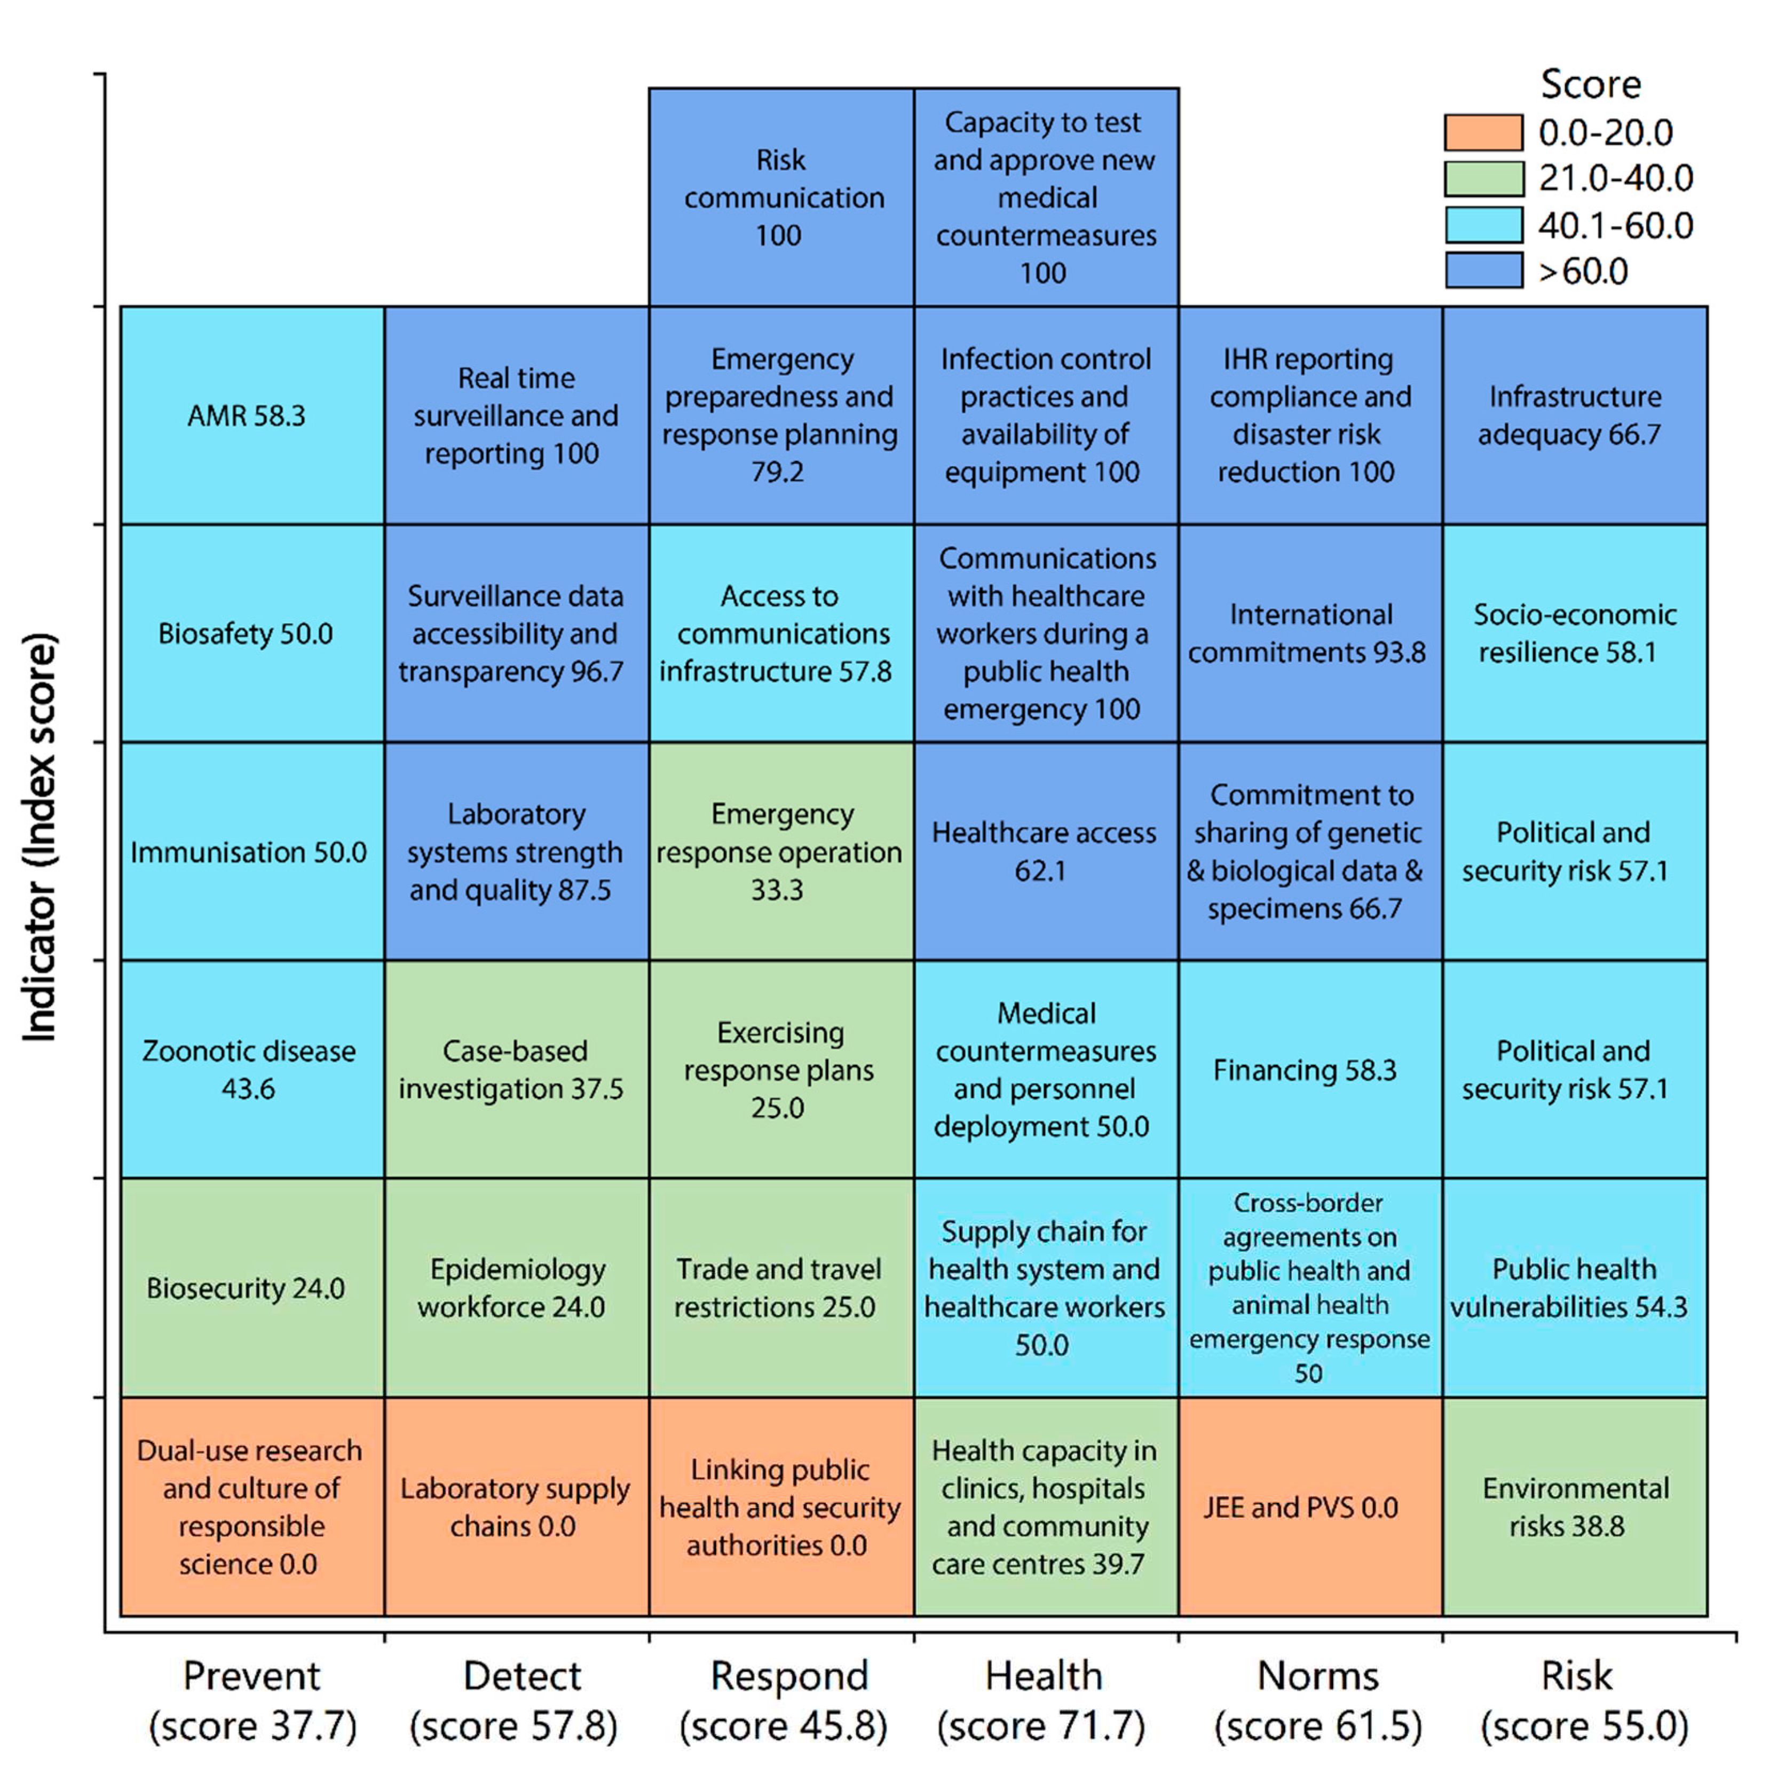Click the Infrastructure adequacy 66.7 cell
(x=1574, y=415)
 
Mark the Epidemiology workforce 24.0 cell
(x=516, y=1288)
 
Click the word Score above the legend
(x=1590, y=84)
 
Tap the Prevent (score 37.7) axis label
(x=252, y=1700)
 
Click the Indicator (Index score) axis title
(x=41, y=836)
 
